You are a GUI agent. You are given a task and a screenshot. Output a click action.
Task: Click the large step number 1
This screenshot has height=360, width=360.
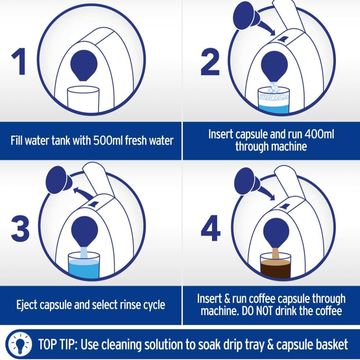(19, 62)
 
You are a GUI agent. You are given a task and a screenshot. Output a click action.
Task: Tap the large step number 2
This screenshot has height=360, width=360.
(210, 62)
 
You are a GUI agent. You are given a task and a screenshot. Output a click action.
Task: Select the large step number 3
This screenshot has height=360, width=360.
(20, 229)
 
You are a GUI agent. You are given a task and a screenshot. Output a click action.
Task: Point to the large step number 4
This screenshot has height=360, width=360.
(211, 228)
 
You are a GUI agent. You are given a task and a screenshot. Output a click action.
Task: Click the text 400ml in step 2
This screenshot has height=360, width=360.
(319, 134)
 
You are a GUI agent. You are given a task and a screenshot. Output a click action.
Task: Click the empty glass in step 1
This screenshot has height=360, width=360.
(83, 99)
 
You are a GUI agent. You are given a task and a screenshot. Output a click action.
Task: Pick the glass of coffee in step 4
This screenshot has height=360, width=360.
(275, 266)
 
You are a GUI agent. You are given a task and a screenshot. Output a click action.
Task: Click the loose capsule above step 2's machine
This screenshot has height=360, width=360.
(246, 16)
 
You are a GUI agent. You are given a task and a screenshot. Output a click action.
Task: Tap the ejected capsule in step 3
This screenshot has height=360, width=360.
(59, 180)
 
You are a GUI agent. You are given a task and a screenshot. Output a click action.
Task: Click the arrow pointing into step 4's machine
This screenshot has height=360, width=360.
(267, 192)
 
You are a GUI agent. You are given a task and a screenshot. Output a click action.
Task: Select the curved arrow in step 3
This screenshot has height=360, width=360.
(83, 193)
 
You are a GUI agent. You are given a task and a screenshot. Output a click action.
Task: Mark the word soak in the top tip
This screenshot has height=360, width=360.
(208, 344)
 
